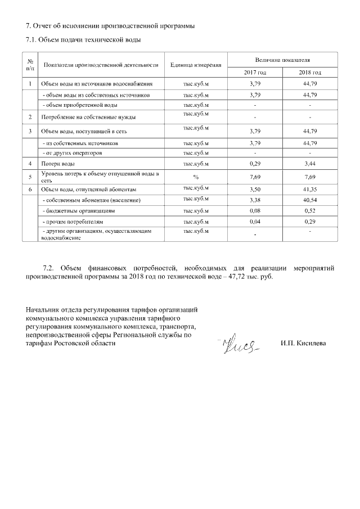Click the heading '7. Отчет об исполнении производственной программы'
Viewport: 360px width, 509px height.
(x=107, y=26)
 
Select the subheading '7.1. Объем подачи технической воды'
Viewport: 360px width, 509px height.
(x=83, y=39)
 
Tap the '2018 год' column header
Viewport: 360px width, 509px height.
(x=309, y=73)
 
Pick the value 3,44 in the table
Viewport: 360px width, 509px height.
(x=310, y=164)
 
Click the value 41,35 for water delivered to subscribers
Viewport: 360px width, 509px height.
(x=310, y=190)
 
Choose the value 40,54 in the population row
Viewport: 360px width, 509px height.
(x=310, y=200)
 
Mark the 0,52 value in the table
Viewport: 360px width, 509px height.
(x=310, y=211)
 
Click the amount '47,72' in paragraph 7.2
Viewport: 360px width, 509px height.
(x=240, y=277)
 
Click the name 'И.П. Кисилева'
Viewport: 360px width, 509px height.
(x=304, y=343)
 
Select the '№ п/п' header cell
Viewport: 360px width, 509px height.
(x=29, y=65)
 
